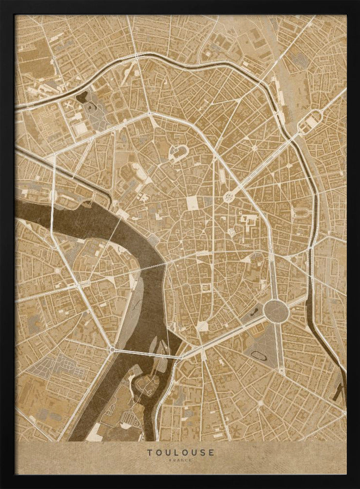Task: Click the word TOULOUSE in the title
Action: tap(180, 452)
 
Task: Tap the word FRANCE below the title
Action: tap(180, 461)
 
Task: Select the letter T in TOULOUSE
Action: tap(150, 452)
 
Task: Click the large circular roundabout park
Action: tap(273, 310)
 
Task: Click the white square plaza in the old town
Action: tap(193, 203)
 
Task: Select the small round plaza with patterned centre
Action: tap(228, 198)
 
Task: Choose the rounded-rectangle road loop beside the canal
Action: tap(312, 119)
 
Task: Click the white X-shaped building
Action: tap(68, 105)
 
